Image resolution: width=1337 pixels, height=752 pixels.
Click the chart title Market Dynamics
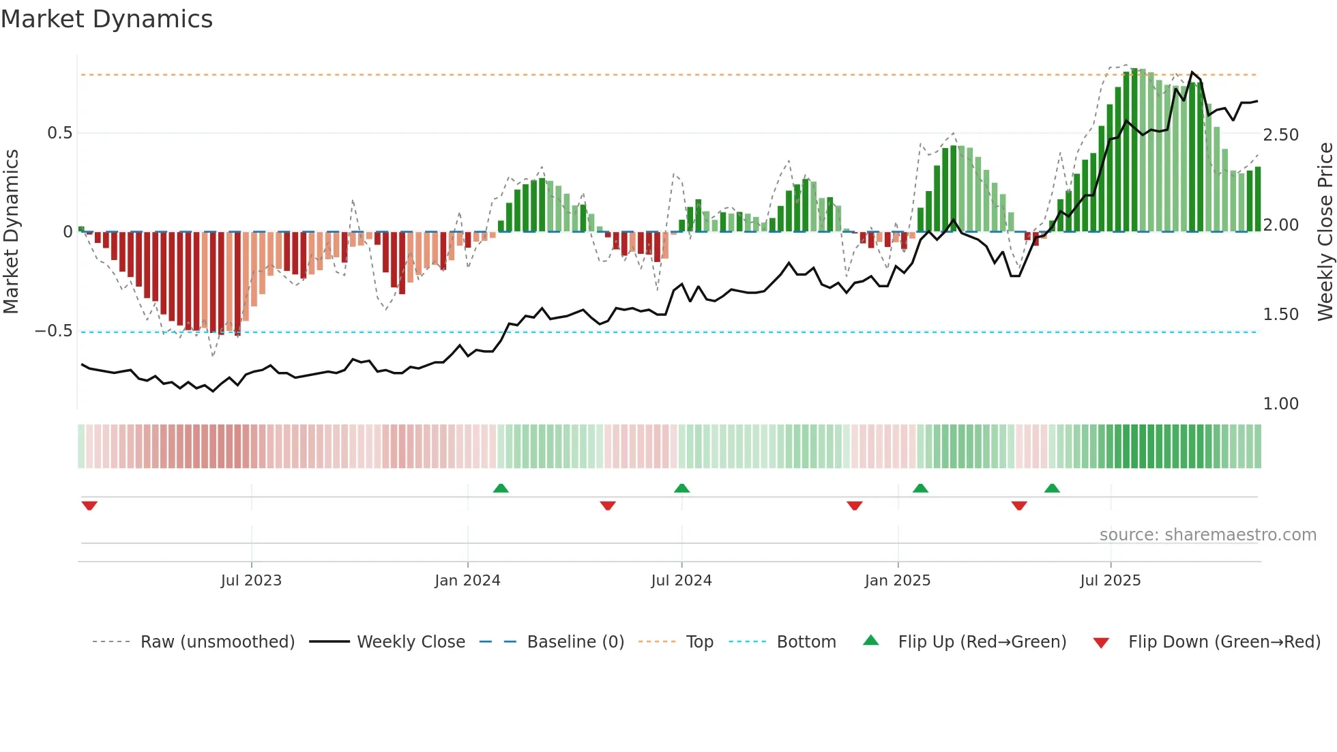[107, 19]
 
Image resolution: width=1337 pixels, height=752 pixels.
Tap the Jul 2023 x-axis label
[251, 581]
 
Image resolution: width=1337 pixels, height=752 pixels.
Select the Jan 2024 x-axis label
[467, 581]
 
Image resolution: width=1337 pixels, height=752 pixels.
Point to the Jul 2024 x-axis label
[681, 581]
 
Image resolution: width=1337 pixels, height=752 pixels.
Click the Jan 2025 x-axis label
[897, 581]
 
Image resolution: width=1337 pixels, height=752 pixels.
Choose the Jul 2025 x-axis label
[1110, 581]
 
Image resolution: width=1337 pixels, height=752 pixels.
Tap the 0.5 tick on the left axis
[60, 133]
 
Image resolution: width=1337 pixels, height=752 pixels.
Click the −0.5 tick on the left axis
[54, 331]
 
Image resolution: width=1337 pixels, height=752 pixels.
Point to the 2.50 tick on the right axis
[1280, 135]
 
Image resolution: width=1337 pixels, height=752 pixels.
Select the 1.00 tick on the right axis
[1280, 404]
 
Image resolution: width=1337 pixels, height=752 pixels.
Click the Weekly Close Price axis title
[1325, 232]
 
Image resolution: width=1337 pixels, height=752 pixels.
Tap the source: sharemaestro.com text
[1207, 535]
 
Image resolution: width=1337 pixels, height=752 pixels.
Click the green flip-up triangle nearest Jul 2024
[681, 489]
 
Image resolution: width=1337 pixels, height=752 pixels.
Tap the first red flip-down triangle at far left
[89, 506]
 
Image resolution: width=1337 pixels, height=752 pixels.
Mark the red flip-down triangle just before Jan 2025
[855, 506]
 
